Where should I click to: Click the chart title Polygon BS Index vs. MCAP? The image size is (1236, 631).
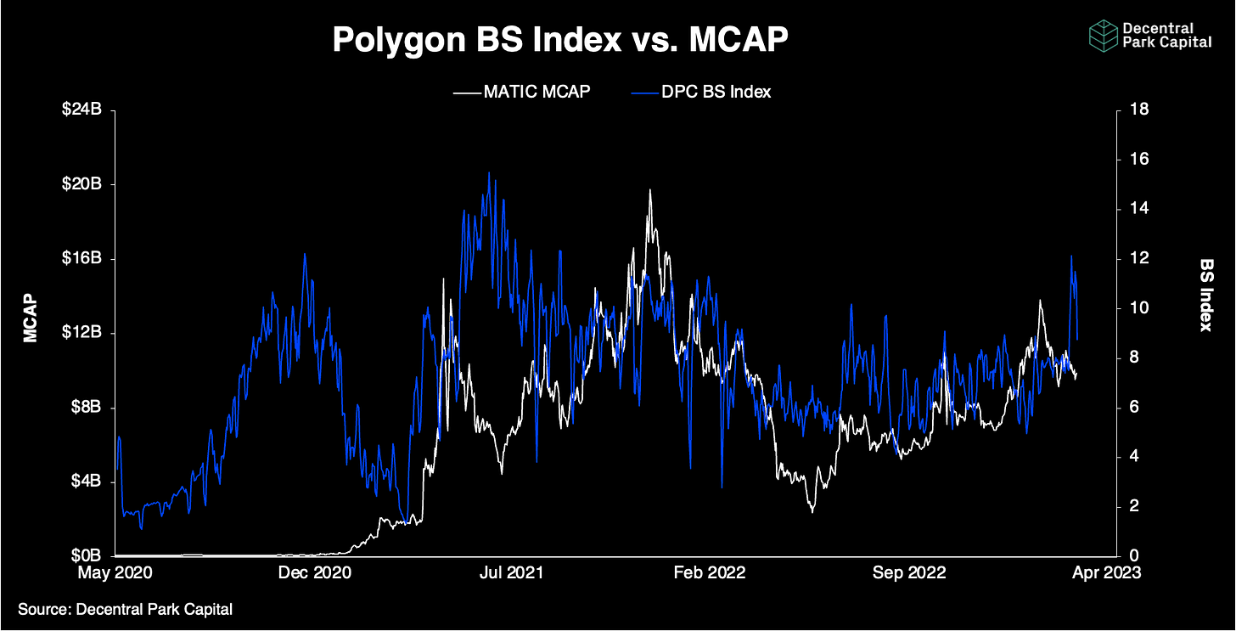click(561, 40)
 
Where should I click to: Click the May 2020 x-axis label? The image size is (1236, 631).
click(116, 572)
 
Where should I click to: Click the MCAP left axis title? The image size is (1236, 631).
click(31, 318)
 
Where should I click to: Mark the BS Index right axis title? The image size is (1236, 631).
click(1206, 295)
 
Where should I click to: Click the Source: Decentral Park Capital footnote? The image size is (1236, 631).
click(126, 608)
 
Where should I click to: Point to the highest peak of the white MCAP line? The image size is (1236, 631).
click(650, 190)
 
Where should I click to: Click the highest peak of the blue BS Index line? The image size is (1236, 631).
click(488, 172)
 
